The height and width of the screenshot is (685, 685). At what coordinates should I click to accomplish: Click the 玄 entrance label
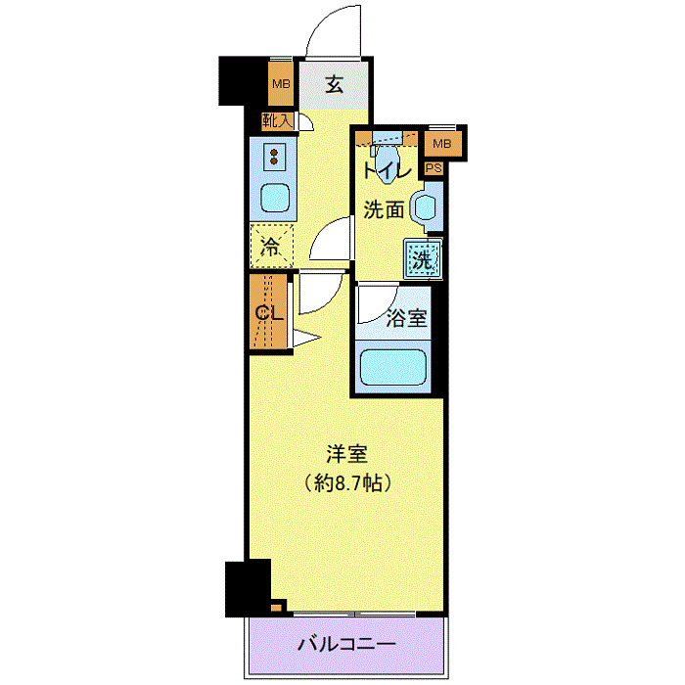(335, 84)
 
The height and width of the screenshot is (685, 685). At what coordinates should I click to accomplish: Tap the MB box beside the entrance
(282, 84)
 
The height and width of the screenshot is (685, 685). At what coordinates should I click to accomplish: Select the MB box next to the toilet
(443, 145)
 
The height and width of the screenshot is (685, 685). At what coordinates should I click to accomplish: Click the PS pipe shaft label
(434, 168)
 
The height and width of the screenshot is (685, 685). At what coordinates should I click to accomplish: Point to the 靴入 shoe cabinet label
(277, 121)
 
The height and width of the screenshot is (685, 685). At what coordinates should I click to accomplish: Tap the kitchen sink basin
(275, 197)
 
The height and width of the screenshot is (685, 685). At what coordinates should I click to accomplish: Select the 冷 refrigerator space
(270, 246)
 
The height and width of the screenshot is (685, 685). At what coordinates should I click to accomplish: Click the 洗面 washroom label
(384, 208)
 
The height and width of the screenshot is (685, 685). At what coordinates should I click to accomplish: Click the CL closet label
(269, 312)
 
